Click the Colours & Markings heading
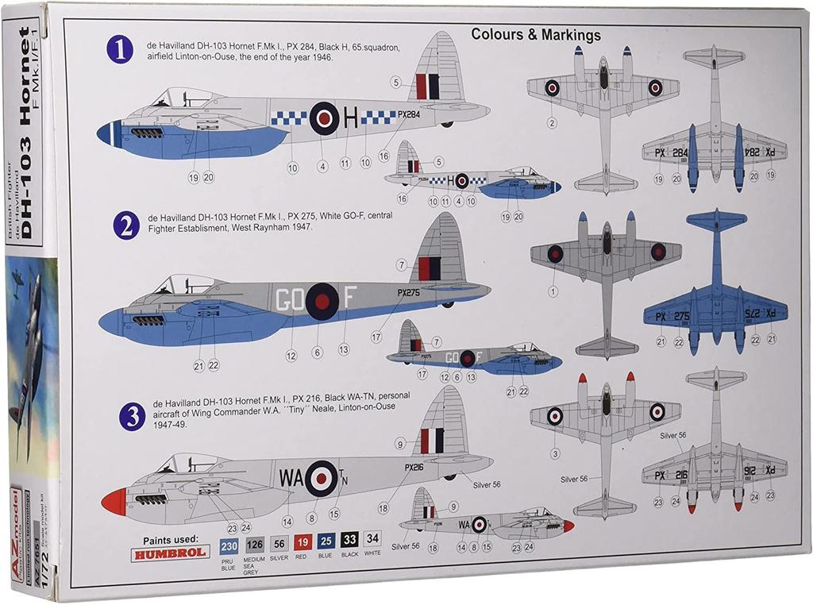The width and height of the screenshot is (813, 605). pyautogui.click(x=536, y=35)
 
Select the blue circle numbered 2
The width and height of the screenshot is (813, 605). pyautogui.click(x=125, y=226)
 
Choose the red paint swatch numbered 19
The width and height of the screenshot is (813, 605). pyautogui.click(x=302, y=543)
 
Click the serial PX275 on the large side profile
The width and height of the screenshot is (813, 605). pyautogui.click(x=409, y=292)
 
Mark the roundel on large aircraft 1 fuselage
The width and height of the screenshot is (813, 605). pyautogui.click(x=323, y=119)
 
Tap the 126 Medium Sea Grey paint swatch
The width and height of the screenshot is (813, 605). pyautogui.click(x=254, y=544)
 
